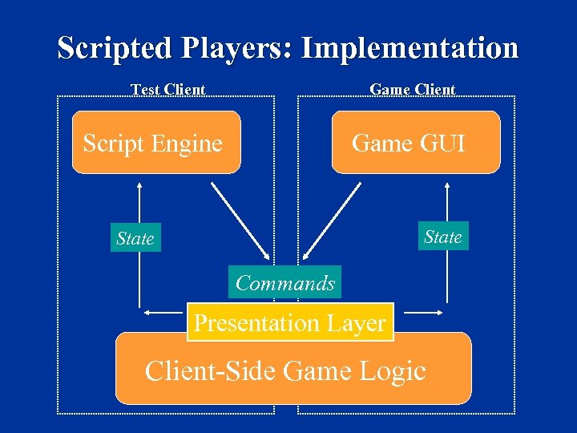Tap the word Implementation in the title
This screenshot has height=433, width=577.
(410, 49)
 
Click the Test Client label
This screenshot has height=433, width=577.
(168, 90)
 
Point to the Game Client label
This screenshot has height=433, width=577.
(412, 90)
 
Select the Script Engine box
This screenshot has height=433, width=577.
(156, 143)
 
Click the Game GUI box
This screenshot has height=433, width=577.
(416, 143)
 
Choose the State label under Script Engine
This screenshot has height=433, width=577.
(135, 238)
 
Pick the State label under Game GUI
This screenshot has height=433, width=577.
(443, 237)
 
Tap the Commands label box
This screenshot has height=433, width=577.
(284, 283)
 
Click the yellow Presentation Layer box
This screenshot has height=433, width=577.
(290, 322)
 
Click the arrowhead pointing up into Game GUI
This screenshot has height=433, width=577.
(446, 184)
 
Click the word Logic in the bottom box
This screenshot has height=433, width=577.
(392, 371)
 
